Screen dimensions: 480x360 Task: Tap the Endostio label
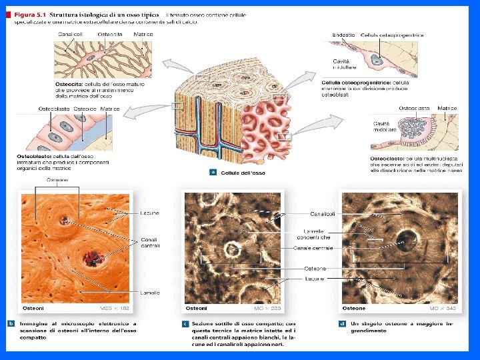343,35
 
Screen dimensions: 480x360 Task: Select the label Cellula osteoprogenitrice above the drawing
392,35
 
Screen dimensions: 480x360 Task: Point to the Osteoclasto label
413,108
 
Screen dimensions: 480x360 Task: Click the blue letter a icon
213,172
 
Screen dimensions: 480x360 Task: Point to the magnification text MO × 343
442,309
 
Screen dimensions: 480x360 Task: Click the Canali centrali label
150,242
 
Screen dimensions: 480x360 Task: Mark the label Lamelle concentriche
313,234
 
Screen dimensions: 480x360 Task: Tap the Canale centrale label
313,248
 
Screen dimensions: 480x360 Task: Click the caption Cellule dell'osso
243,173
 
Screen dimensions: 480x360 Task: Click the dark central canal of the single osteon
404,239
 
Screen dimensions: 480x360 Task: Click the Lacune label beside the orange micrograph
150,213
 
